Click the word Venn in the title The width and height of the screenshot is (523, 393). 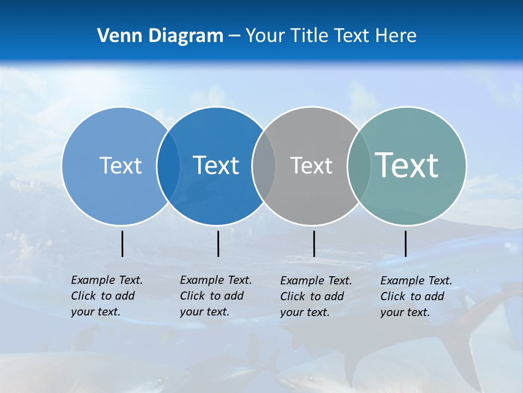point(116,35)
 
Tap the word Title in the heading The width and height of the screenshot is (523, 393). point(309,35)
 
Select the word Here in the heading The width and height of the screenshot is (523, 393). point(396,35)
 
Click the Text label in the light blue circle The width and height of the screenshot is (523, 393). point(120,165)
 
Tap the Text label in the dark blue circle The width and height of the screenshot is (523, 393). point(216,165)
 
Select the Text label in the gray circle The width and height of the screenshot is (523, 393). point(311,165)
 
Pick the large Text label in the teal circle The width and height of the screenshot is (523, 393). point(407,165)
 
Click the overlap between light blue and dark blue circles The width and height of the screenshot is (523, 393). point(168,165)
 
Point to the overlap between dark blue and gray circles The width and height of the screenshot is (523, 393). point(264,165)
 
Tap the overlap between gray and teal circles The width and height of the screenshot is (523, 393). point(359,165)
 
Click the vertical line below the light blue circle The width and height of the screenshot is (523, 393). point(122,243)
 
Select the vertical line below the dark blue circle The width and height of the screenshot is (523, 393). point(218,243)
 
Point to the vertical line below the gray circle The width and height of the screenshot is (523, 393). point(314,243)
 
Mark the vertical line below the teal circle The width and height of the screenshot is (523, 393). point(405,243)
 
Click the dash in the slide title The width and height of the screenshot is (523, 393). point(234,36)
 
